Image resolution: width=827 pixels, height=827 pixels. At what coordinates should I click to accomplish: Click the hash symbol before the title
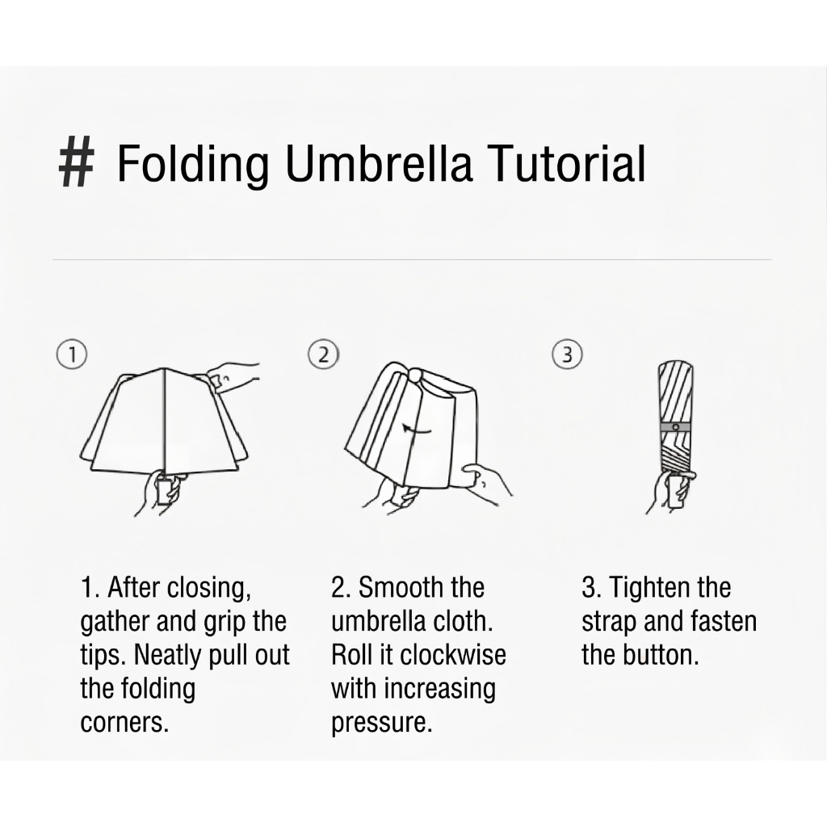[x=76, y=162]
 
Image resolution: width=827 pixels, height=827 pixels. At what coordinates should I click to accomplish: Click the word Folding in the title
[x=192, y=164]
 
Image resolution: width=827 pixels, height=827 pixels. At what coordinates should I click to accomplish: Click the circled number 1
[x=71, y=354]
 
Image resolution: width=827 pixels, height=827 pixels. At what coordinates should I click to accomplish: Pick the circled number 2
[x=323, y=354]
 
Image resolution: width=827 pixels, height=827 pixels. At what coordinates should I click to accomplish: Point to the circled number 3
[x=566, y=354]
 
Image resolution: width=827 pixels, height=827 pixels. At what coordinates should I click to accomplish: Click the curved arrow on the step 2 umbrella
[x=417, y=430]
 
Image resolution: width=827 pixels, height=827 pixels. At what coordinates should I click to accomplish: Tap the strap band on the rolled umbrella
[x=676, y=426]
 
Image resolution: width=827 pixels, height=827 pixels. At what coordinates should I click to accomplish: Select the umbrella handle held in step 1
[x=164, y=491]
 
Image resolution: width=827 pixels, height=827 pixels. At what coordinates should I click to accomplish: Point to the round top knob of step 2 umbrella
[x=416, y=376]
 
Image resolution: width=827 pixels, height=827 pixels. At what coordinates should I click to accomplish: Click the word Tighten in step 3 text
[x=642, y=588]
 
